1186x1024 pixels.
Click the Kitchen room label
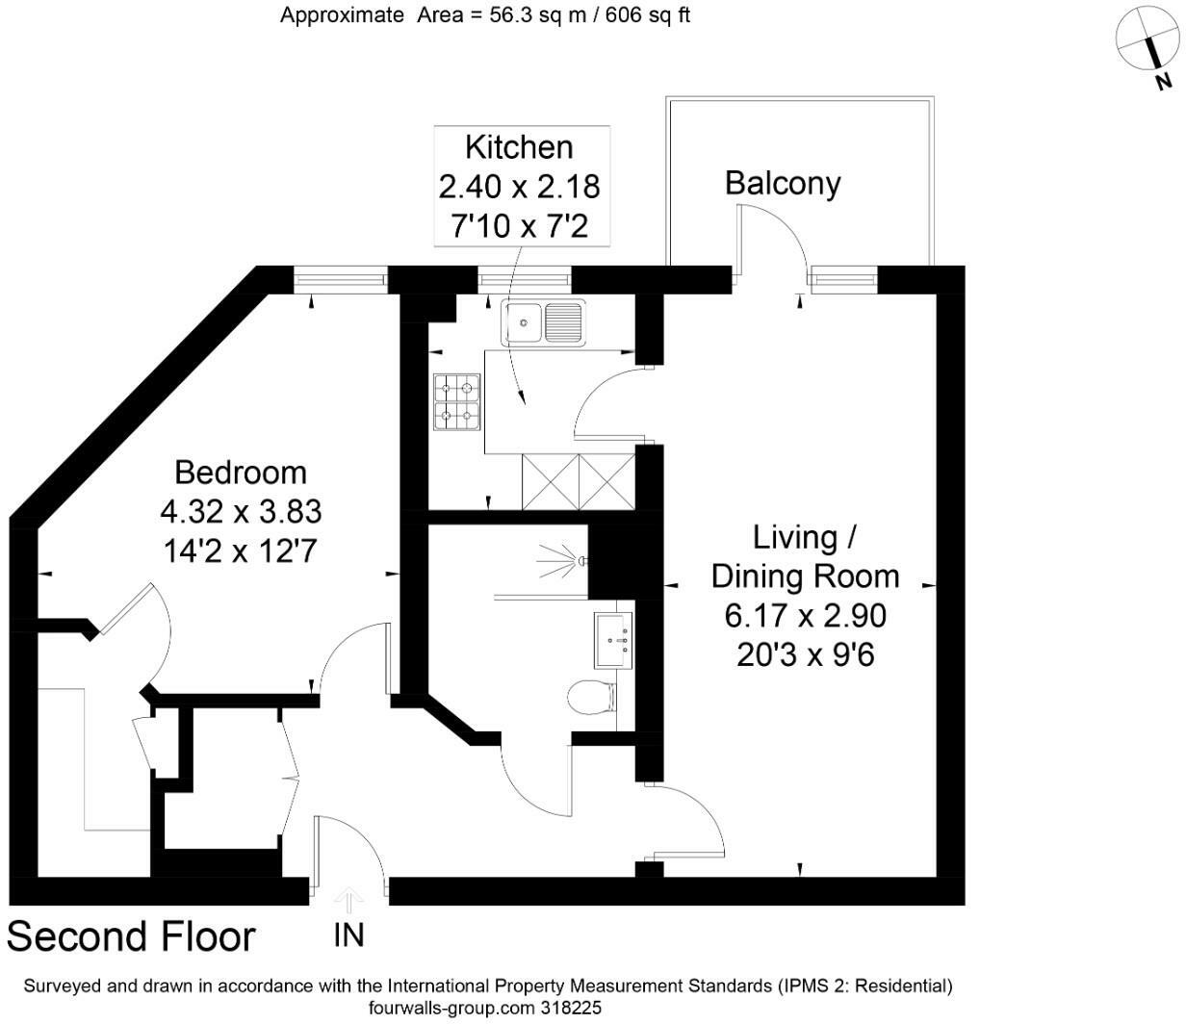519,147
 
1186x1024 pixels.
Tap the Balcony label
782,183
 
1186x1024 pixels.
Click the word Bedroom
241,473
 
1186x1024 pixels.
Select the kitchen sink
542,321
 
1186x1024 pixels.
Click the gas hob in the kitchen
457,403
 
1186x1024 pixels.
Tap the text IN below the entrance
349,934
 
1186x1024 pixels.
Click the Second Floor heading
132,936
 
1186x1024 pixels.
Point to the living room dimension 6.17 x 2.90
805,616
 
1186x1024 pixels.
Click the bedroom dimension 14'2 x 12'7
241,550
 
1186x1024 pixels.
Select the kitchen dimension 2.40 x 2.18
519,187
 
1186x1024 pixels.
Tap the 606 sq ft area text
645,15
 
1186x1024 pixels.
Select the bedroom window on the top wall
341,280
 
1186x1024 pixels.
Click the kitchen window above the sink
525,280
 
